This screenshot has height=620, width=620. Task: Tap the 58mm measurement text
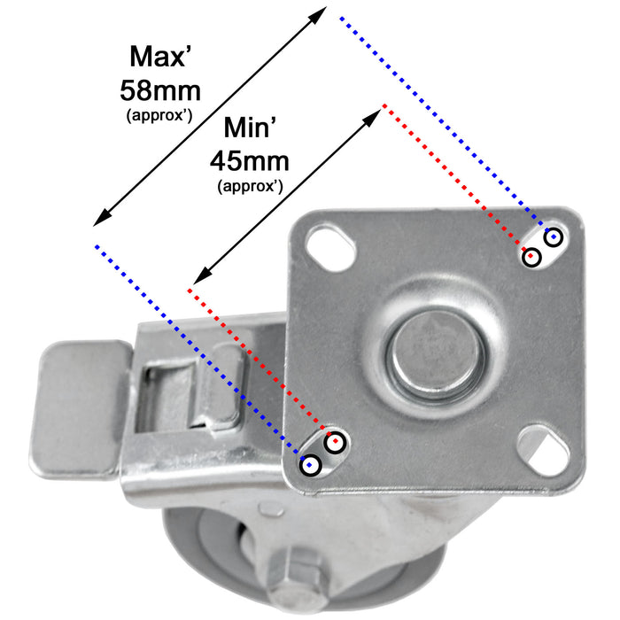(160, 91)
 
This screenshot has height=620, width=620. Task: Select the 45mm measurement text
(250, 161)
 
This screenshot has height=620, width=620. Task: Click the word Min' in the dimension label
(250, 128)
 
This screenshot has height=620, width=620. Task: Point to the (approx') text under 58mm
(159, 116)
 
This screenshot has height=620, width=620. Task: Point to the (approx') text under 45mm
(251, 186)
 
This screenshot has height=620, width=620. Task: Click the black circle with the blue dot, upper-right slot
(554, 236)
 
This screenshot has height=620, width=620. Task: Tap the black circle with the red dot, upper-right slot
(531, 258)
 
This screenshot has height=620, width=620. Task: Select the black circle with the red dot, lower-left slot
(335, 442)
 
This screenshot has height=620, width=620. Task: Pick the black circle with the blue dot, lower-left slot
(310, 464)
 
